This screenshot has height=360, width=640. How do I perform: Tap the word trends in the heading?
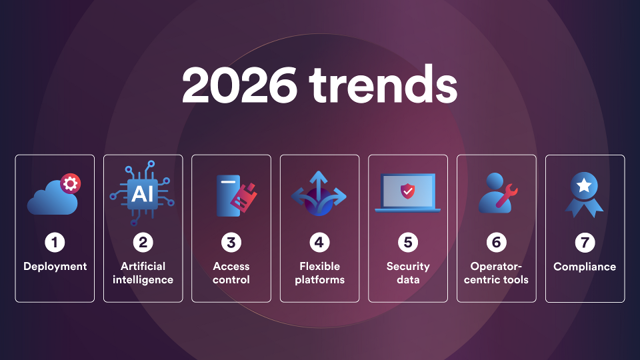click(383, 83)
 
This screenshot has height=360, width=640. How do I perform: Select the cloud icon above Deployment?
click(52, 198)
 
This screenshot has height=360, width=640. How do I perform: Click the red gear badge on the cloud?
click(70, 184)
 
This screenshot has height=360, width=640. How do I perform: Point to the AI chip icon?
click(141, 193)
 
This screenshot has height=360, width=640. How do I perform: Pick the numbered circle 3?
click(231, 243)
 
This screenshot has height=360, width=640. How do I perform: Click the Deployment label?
click(55, 267)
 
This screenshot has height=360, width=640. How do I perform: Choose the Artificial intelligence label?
click(143, 273)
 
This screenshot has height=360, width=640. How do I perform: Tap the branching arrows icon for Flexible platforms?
click(319, 193)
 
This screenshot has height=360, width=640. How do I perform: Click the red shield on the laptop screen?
click(407, 191)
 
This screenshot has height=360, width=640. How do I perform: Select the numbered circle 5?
click(408, 243)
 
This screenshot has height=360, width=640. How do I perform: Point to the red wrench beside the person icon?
click(507, 196)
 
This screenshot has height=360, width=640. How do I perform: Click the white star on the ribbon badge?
click(584, 186)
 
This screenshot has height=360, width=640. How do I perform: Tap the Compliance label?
click(585, 267)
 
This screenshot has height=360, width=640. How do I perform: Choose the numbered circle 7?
click(585, 243)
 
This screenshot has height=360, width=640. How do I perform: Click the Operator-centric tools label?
click(496, 273)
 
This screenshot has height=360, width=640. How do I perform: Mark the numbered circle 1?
click(55, 243)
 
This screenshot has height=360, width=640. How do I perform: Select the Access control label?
click(231, 273)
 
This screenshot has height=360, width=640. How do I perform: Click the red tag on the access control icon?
click(244, 197)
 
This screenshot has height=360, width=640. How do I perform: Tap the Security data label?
click(408, 273)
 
